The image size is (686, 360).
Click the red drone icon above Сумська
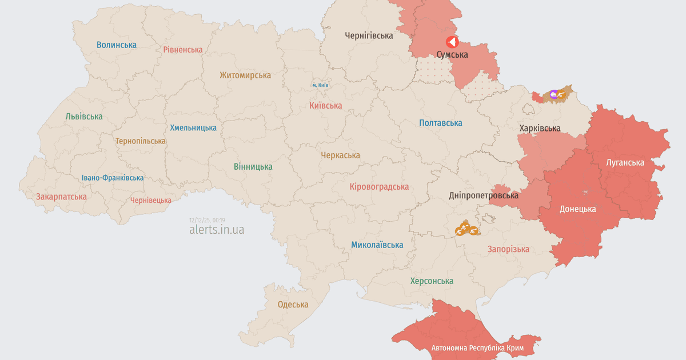452,42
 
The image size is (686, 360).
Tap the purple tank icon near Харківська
553,94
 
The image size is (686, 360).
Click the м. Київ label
320,85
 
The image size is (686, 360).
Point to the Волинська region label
117,45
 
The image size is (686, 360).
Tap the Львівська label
84,117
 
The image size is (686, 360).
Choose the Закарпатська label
62,197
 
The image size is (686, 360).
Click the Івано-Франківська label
113,178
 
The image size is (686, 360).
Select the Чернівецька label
151,200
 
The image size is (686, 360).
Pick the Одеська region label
293,305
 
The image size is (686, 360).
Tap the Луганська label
625,163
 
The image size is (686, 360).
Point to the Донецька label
577,209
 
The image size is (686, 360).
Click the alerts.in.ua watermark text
217,230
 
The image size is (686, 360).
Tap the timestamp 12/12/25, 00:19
207,220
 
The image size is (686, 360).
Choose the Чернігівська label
369,35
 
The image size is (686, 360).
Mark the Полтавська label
440,123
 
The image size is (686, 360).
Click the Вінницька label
253,167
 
